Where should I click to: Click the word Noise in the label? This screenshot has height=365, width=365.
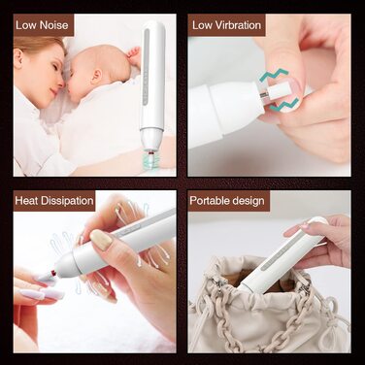tap(54, 25)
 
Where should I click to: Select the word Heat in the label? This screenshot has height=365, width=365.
tap(26, 201)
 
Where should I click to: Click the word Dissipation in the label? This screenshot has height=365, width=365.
tap(67, 201)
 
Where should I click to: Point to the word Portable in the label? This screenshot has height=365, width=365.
tap(208, 201)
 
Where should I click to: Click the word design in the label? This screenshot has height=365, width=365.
tap(247, 201)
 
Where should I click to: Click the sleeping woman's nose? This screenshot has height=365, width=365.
tap(58, 85)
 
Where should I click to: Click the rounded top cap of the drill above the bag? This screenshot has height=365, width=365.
tap(317, 223)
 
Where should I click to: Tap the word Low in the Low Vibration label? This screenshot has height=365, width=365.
tap(202, 25)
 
